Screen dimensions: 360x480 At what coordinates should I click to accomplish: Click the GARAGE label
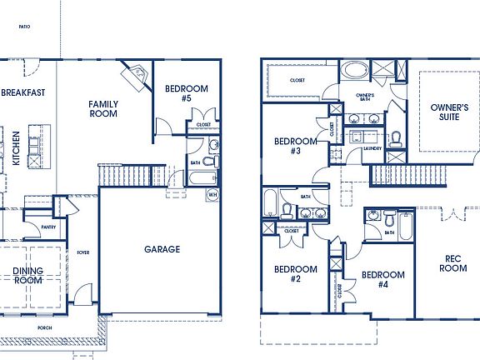coord(162,248)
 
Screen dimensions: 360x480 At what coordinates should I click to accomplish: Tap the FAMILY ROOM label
coord(104,109)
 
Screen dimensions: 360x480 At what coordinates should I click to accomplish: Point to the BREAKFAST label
coord(22,92)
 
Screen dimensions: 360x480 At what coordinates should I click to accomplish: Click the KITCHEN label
coord(17,147)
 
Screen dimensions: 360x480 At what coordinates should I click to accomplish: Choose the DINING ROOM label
coord(27,275)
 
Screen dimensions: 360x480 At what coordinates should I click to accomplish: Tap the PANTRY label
coord(48,226)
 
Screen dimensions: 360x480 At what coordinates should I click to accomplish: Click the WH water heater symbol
coord(212,194)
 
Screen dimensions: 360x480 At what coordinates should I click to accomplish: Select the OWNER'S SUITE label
coord(449,112)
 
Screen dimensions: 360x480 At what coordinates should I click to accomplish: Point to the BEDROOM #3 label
coord(296,146)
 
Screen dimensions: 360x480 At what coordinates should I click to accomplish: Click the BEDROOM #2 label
coord(296,274)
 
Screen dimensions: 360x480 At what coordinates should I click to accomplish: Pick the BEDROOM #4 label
coord(383,279)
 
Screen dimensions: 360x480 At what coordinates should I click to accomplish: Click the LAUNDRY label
coord(372,149)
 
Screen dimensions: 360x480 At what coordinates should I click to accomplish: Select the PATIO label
coord(23,27)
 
